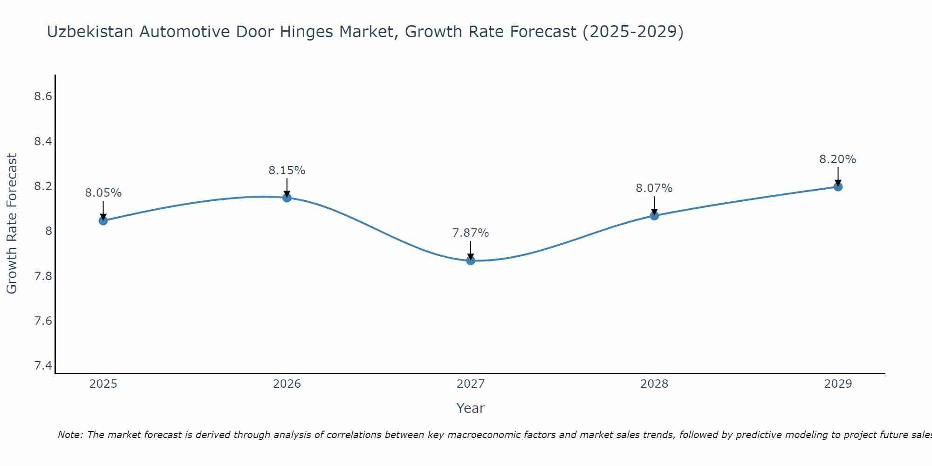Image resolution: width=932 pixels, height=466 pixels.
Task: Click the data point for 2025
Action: pyautogui.click(x=103, y=220)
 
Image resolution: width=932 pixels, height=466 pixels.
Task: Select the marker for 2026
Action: pyautogui.click(x=287, y=198)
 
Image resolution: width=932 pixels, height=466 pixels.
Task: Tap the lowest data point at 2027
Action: pyautogui.click(x=471, y=260)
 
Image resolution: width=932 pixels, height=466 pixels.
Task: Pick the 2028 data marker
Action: pyautogui.click(x=654, y=215)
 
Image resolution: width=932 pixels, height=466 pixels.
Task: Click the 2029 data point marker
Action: pyautogui.click(x=838, y=186)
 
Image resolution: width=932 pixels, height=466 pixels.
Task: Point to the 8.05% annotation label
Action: pyautogui.click(x=103, y=193)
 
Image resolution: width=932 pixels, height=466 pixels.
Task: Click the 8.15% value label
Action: pyautogui.click(x=287, y=171)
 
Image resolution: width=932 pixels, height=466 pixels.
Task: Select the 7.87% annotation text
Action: pyautogui.click(x=471, y=233)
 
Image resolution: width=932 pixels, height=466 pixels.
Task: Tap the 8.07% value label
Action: pyautogui.click(x=654, y=188)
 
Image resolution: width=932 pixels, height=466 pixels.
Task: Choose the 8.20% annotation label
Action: pyautogui.click(x=838, y=159)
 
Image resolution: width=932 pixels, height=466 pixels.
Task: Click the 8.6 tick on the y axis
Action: pyautogui.click(x=43, y=96)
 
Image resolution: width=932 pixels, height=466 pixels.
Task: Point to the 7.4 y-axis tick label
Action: pyautogui.click(x=43, y=366)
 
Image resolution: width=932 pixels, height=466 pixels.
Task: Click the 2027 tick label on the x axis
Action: pyautogui.click(x=471, y=384)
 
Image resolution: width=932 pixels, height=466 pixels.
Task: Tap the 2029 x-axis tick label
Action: pyautogui.click(x=838, y=384)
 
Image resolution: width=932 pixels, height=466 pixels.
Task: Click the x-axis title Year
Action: pyautogui.click(x=471, y=408)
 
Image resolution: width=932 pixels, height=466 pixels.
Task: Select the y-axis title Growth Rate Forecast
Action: pyautogui.click(x=12, y=224)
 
